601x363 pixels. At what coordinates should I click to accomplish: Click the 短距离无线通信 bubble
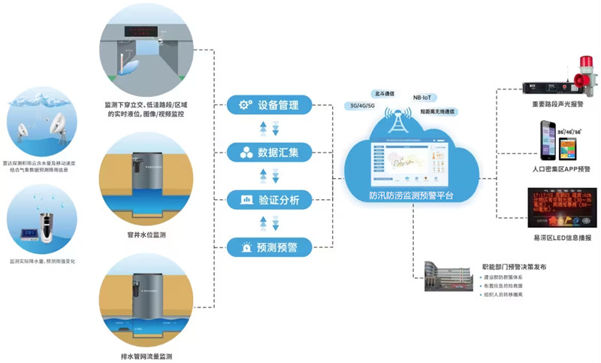437,112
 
